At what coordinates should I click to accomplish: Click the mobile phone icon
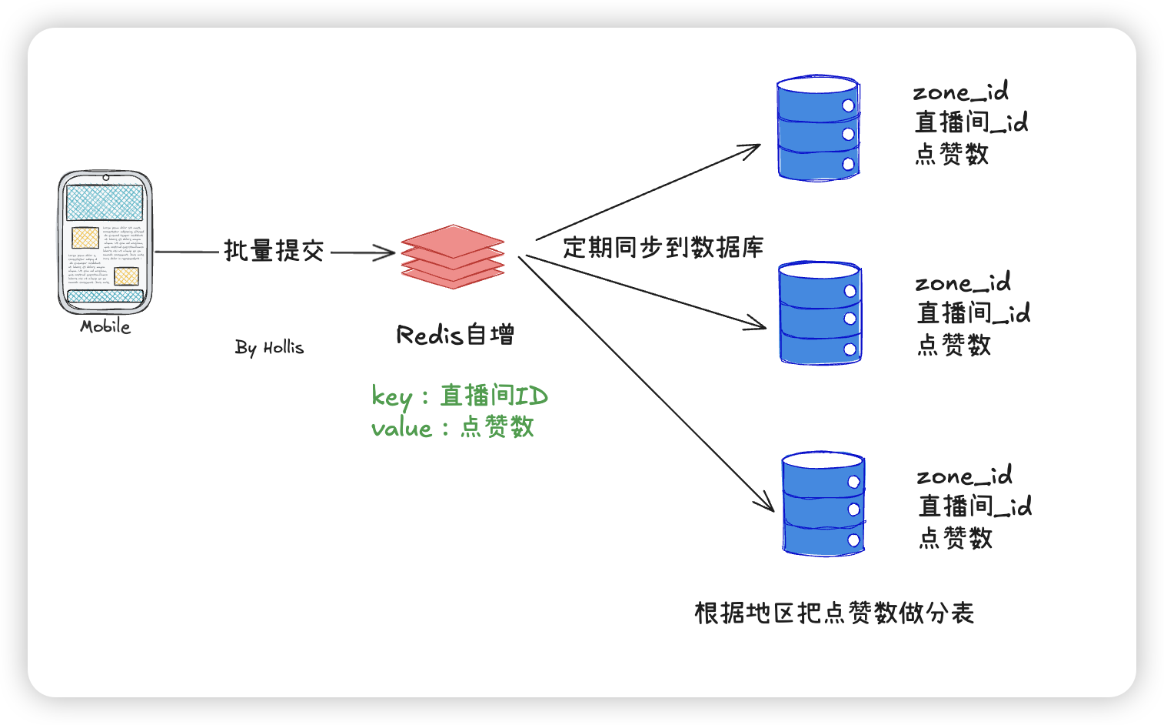click(105, 242)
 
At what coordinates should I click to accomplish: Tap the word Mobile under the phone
click(105, 327)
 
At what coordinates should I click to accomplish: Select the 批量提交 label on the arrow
click(274, 251)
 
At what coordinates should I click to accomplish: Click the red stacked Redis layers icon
click(452, 257)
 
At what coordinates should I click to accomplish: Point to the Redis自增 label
click(455, 335)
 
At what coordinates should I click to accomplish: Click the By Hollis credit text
click(269, 348)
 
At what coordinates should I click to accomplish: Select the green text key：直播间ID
click(459, 396)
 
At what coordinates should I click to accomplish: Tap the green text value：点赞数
click(452, 427)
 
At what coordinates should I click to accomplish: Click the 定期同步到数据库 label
click(663, 247)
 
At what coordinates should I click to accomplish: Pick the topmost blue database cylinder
click(818, 129)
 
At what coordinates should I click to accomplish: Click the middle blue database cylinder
click(820, 312)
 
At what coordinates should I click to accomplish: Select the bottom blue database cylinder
click(823, 504)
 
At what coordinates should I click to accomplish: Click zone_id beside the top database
click(960, 92)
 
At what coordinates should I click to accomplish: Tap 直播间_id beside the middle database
click(973, 313)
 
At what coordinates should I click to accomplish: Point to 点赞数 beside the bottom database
click(956, 537)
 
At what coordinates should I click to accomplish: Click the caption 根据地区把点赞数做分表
click(834, 613)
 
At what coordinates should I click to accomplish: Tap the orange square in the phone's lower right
click(126, 276)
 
